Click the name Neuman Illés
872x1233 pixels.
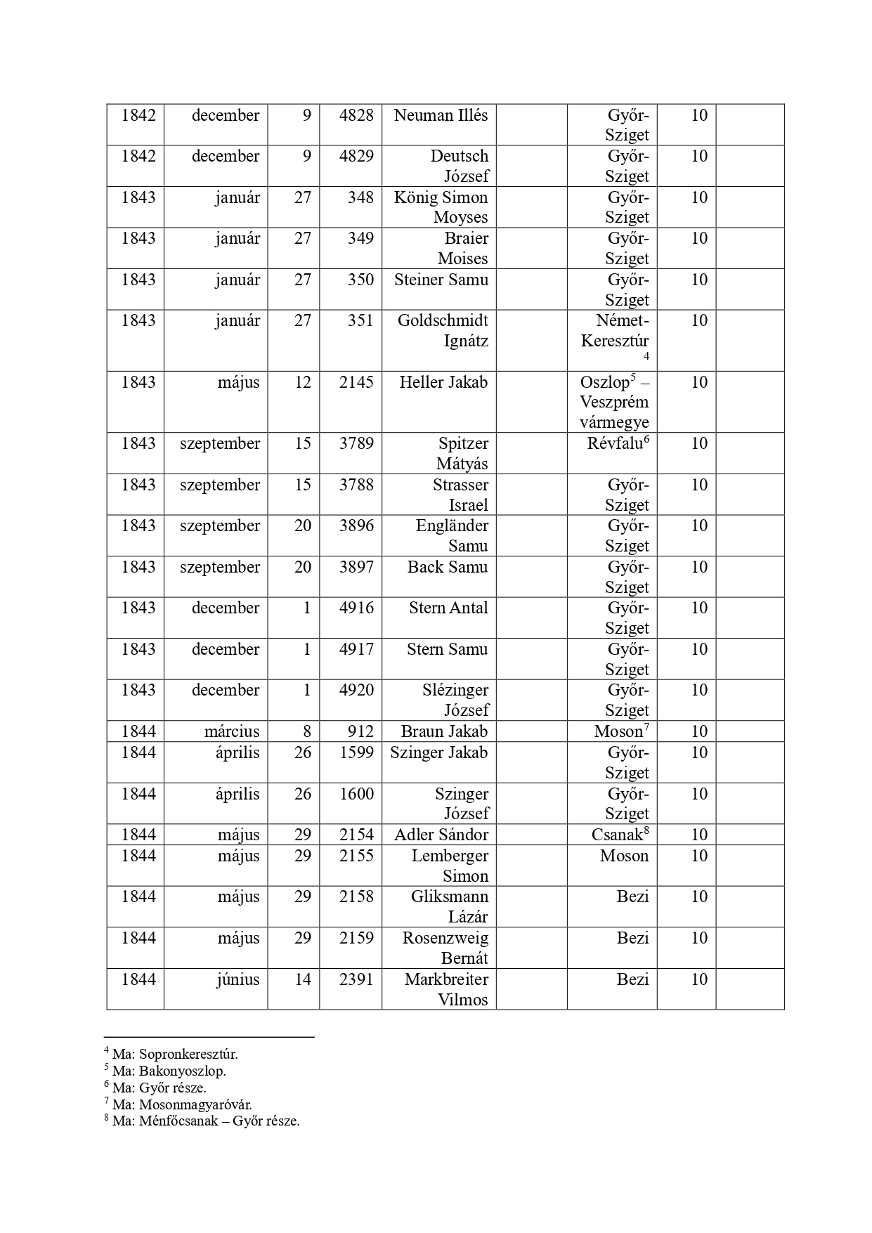pos(441,115)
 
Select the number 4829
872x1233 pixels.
pos(356,156)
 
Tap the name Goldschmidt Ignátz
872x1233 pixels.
pos(443,331)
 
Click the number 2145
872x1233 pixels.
pos(356,382)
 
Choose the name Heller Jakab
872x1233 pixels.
pos(443,382)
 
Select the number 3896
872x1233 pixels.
pos(356,526)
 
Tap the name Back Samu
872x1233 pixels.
pos(448,567)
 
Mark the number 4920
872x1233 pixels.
pos(356,690)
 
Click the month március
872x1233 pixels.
pos(232,731)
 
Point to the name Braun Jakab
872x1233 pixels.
pos(444,731)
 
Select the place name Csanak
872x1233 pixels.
pos(618,835)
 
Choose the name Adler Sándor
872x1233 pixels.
pos(441,835)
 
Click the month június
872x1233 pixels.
pos(237,979)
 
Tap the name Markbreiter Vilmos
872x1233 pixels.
pos(446,989)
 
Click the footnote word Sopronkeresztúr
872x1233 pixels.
pos(188,1054)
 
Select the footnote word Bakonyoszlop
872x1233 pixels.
pos(183,1071)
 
